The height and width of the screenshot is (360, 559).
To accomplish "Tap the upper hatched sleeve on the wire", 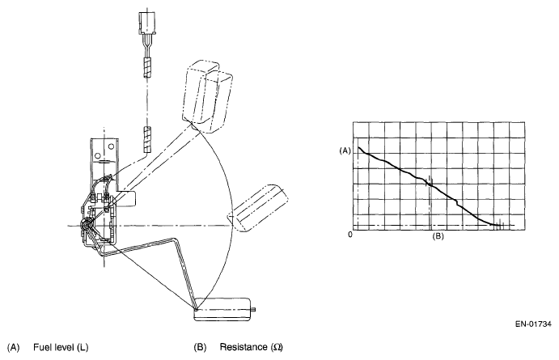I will tap(148, 66).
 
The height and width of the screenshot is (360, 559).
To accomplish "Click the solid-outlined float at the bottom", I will tap(224, 307).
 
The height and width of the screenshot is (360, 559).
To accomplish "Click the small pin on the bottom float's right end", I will tap(256, 307).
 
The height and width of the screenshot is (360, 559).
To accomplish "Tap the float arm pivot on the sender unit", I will tap(87, 231).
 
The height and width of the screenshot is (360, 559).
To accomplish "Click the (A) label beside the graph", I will tap(344, 150).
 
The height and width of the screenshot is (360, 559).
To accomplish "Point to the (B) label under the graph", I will tap(437, 236).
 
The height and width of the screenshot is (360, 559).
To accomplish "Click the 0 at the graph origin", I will tap(350, 235).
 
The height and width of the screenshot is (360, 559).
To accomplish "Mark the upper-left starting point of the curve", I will tap(358, 147).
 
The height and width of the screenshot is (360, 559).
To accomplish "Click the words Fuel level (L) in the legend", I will tap(60, 348).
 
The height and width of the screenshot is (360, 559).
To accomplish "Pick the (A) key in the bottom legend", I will tap(12, 348).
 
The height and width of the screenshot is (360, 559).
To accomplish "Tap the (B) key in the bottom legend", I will tap(200, 348).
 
